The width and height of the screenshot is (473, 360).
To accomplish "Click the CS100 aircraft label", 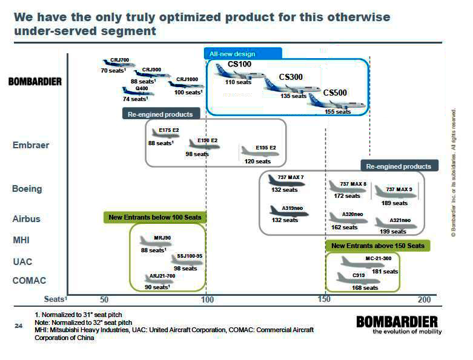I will [x=239, y=65].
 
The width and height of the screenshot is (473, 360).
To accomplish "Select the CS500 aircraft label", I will [x=335, y=93].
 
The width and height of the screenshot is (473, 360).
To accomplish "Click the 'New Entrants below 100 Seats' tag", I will [x=155, y=217].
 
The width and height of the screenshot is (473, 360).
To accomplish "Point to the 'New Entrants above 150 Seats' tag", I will [x=378, y=246].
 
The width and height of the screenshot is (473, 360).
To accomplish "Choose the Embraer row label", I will [x=31, y=145].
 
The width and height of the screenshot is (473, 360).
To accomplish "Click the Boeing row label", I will [x=27, y=189].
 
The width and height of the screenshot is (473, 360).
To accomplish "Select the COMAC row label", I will [x=30, y=281].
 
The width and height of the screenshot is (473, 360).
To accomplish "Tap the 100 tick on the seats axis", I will [x=207, y=299].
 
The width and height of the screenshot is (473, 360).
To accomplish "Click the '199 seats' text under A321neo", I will [x=393, y=232].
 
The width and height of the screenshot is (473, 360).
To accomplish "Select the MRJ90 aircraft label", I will [x=163, y=238].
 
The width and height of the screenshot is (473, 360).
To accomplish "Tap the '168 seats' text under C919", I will [x=365, y=288].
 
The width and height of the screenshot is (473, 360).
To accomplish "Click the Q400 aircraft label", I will [x=141, y=88].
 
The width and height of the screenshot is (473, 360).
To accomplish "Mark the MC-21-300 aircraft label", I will [x=379, y=258].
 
